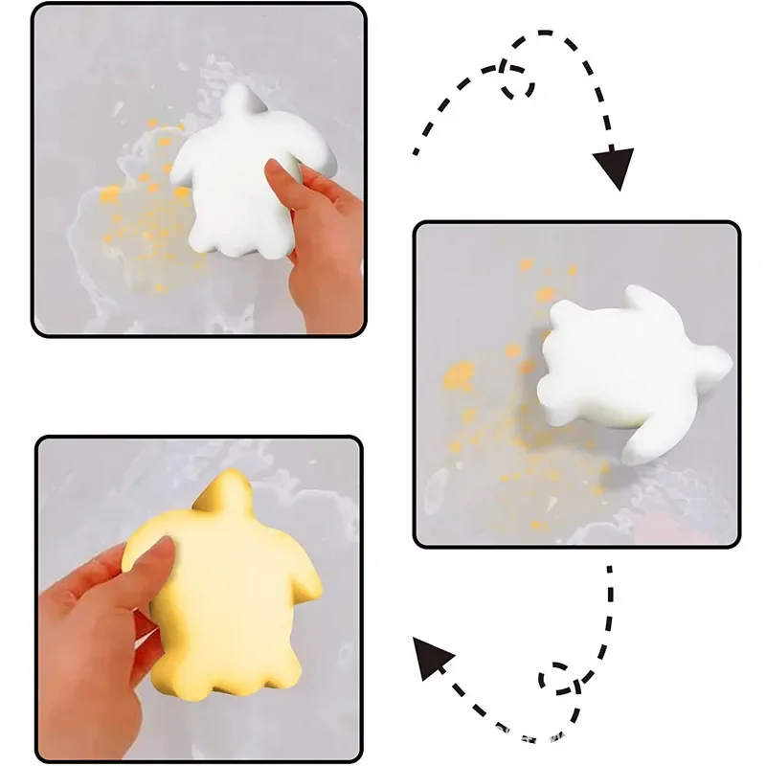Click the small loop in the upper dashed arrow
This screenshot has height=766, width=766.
pos(517,79)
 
